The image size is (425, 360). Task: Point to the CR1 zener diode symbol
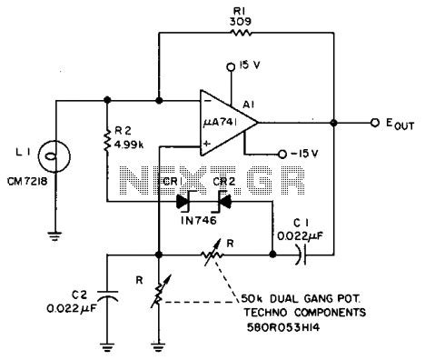click(x=184, y=201)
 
